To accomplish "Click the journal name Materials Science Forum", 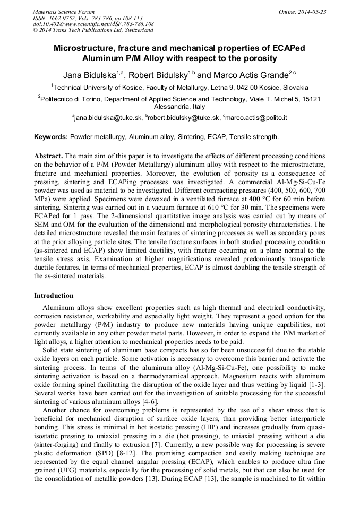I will point(64,12).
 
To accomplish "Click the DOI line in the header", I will point(93,24).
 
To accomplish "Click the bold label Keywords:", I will point(51,137).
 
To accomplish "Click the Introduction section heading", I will point(54,296).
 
